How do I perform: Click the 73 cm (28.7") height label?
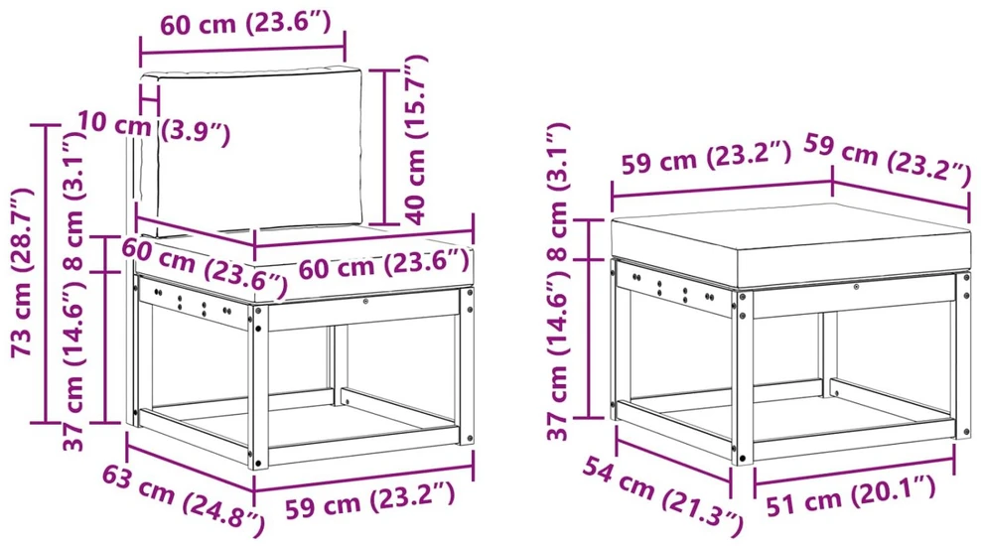pos(21,271)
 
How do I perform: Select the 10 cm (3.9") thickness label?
pos(154,127)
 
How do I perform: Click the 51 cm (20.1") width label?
pos(851,494)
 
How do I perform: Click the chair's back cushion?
pos(250,151)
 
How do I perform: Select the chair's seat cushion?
pos(300,266)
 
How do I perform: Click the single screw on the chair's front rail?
pos(366,302)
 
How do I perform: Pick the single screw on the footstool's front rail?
pos(856,287)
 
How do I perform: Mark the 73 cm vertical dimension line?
pos(46,273)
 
